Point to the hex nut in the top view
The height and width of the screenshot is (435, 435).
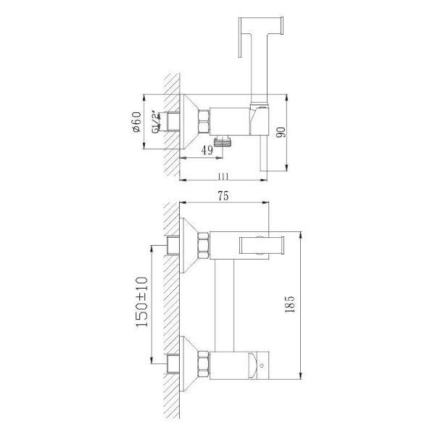pos(204,120)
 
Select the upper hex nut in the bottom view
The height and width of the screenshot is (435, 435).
pos(204,245)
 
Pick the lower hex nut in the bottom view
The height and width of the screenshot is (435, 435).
pos(204,362)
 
